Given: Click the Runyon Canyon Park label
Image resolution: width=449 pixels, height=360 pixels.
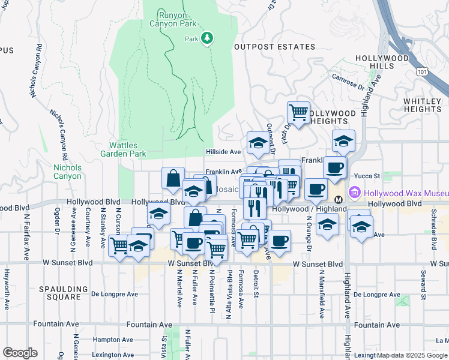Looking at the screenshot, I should pos(178,19).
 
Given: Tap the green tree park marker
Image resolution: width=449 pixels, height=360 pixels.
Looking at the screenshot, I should pos(207,38).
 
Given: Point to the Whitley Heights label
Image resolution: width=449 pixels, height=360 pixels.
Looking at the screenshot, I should pos(422,106).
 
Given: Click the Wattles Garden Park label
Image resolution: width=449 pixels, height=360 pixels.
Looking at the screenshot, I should pos(127,150).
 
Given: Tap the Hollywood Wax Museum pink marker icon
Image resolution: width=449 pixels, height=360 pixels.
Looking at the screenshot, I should pos(354,193).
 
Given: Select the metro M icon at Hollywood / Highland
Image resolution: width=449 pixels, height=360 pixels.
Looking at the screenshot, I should pos(338,199).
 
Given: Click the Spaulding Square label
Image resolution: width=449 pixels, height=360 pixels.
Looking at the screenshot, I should pos(59,293).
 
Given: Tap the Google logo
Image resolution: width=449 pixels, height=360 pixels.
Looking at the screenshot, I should pos(20,353).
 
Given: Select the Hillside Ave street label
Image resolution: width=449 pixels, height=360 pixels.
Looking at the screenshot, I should pos(223,152).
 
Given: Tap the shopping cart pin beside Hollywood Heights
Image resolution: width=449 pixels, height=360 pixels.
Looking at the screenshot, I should pos(298,112).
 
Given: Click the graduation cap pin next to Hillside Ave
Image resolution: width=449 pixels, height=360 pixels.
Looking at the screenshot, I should pos(258,143).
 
